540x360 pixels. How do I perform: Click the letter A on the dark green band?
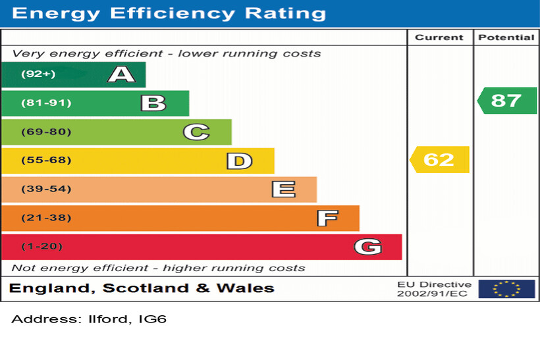121,74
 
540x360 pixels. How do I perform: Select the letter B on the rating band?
153,103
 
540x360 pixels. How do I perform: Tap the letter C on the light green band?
196,132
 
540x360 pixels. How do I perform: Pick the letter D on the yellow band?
239,161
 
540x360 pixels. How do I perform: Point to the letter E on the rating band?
283,190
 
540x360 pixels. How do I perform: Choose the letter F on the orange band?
327,218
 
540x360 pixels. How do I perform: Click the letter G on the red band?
367,247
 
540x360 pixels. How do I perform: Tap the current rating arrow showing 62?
439,160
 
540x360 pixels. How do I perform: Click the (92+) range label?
38,74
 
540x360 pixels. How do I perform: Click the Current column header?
439,38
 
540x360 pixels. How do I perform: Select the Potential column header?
506,38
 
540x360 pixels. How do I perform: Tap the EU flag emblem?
506,289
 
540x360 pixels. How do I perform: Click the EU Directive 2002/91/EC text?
434,289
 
